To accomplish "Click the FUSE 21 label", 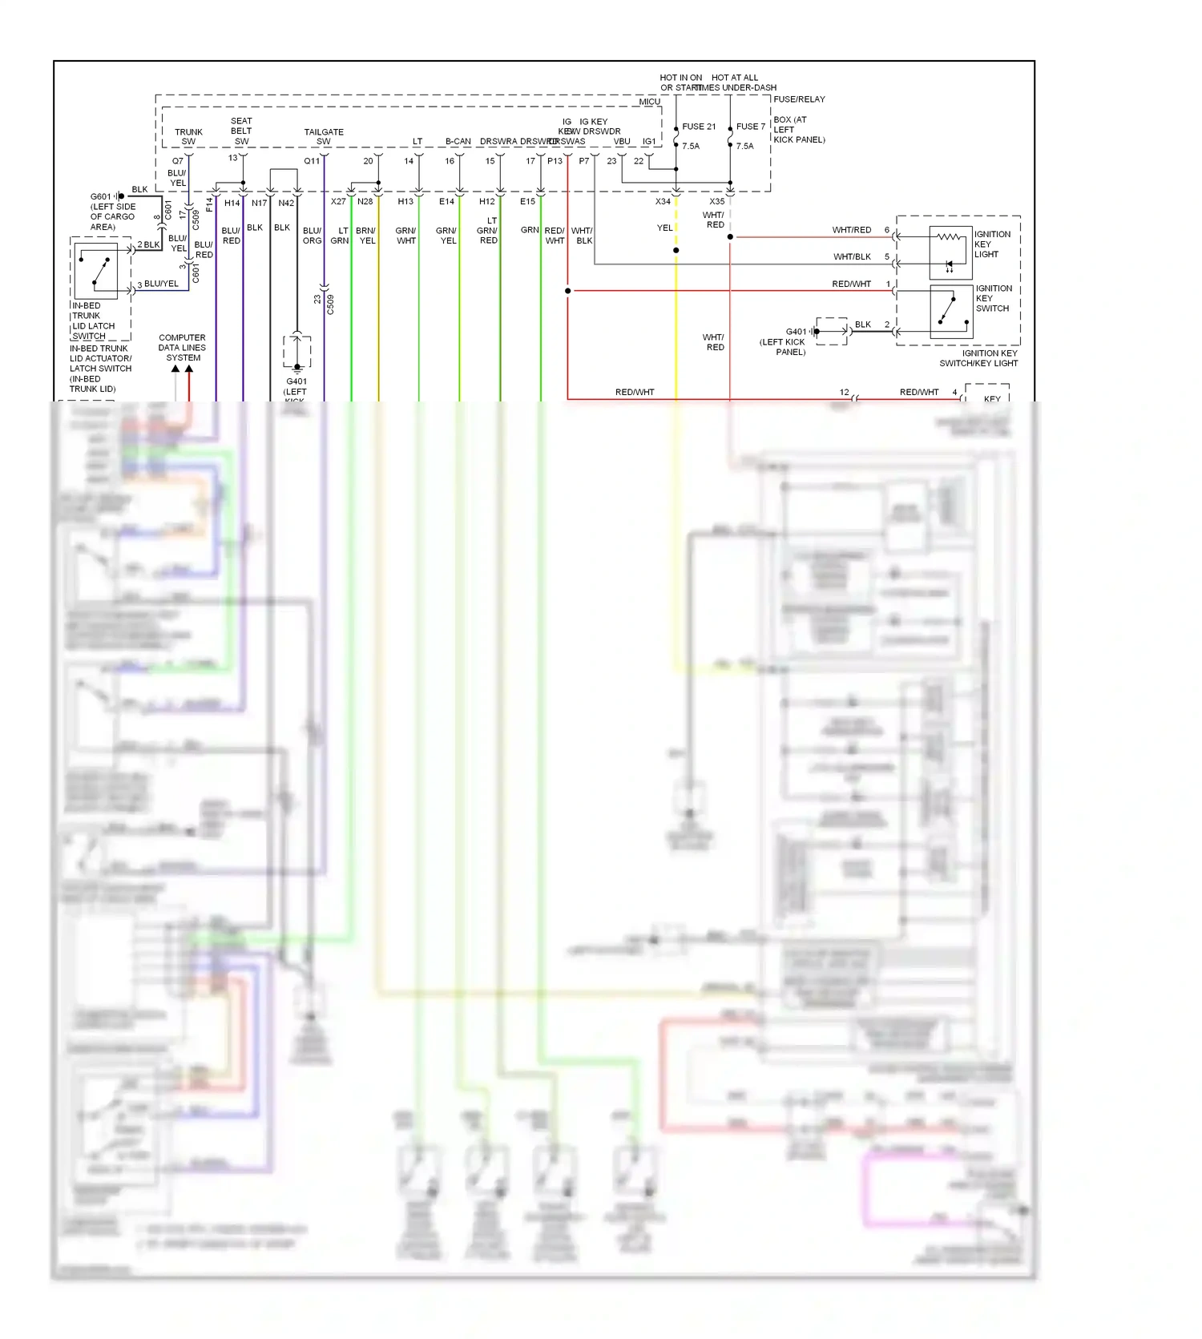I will (x=698, y=127).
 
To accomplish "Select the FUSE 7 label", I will (x=750, y=127).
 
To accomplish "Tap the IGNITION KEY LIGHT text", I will (x=992, y=244).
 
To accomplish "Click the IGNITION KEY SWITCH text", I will (x=993, y=298).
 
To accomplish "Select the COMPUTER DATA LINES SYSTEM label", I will (x=182, y=348).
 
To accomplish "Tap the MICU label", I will (x=649, y=102).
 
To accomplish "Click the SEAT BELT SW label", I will (x=241, y=131).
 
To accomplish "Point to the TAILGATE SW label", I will (x=324, y=136).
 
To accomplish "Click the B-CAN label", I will (x=458, y=141).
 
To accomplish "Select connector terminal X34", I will (x=664, y=201).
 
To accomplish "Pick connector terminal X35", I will (x=717, y=201).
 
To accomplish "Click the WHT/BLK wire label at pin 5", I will (x=852, y=257).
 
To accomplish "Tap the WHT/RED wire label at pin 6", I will (x=851, y=230).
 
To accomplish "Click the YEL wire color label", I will (x=664, y=228).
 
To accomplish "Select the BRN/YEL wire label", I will (x=366, y=236).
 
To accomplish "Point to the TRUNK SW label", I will (x=188, y=136).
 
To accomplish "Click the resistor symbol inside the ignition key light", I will (x=950, y=236).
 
